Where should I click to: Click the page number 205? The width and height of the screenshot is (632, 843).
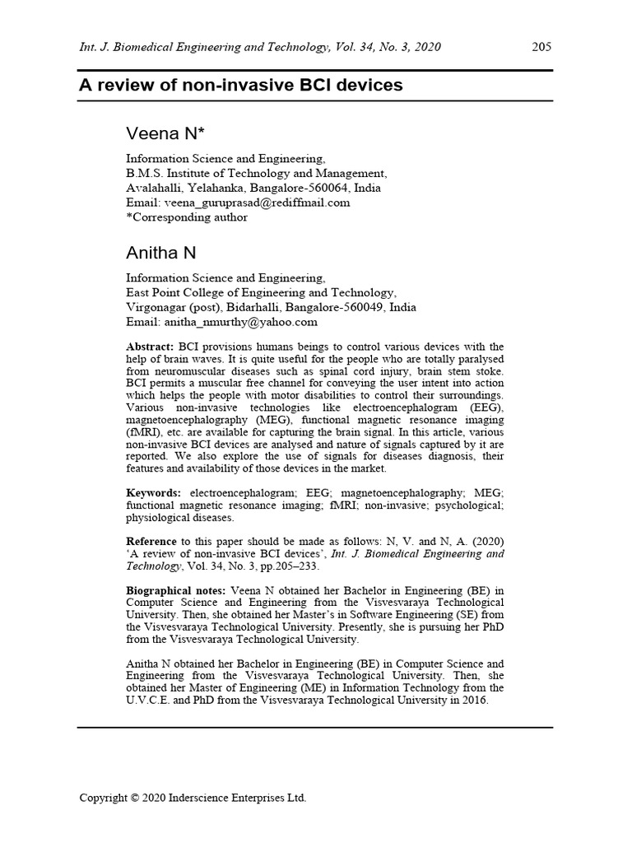click(541, 47)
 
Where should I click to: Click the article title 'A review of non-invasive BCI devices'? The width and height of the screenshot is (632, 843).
click(241, 85)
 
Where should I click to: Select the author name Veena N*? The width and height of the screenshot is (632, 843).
click(165, 133)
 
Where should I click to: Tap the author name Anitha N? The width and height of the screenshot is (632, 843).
click(160, 252)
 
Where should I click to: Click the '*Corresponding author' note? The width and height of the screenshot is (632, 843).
click(186, 217)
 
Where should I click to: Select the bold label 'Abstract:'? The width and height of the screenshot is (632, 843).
click(151, 347)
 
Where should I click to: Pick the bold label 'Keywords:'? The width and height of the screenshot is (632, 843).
click(154, 492)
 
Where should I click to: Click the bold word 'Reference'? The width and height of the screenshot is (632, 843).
click(151, 541)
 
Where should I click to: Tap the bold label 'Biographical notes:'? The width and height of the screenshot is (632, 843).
click(175, 591)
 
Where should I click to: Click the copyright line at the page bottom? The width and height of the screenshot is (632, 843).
click(193, 798)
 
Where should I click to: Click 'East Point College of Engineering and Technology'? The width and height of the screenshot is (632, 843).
click(260, 292)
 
